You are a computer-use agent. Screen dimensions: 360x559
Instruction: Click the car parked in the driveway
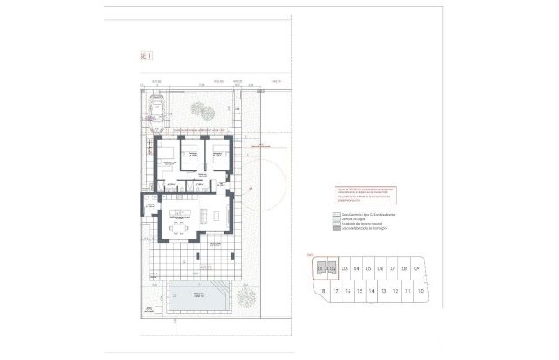click(157, 108)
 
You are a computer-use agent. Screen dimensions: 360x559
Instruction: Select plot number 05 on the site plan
click(369, 268)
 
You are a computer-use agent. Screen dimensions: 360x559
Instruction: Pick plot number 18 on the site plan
click(323, 291)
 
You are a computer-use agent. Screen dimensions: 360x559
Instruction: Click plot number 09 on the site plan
click(418, 268)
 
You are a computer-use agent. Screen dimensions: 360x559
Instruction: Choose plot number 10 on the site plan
click(421, 291)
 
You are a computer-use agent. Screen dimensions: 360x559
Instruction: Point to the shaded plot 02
click(332, 268)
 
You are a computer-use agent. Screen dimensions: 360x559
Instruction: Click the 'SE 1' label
click(146, 55)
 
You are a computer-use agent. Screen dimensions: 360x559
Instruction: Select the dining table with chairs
click(179, 226)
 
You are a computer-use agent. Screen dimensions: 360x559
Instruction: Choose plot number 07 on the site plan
click(393, 268)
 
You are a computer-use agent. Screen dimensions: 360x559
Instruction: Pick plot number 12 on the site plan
click(397, 291)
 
